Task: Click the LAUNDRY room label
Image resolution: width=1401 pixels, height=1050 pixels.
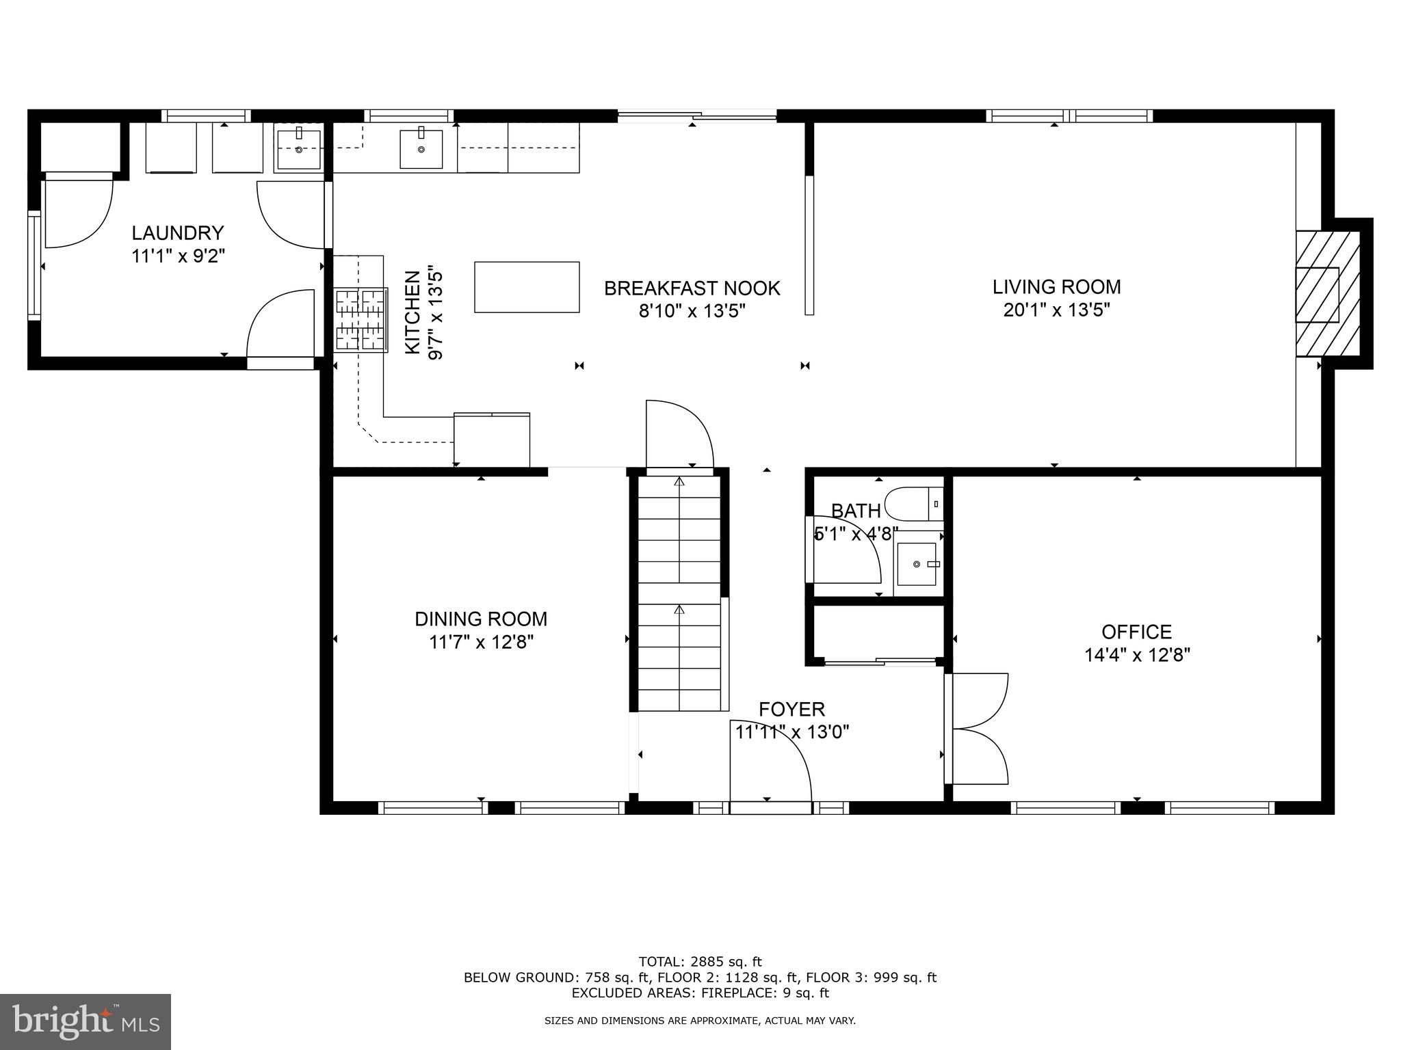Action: pos(177,233)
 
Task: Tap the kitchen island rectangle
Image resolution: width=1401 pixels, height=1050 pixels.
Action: pos(527,287)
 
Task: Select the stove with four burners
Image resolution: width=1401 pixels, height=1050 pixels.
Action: pos(361,320)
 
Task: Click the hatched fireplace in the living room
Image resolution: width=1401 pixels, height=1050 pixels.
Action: pos(1326,294)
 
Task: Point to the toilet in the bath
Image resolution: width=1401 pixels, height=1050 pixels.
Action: pos(913,504)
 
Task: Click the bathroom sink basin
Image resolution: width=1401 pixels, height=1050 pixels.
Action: pos(917,564)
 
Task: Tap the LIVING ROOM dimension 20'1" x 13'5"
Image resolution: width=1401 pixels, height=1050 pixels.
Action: pos(1056,310)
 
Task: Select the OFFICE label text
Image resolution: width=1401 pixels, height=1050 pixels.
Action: pos(1136,632)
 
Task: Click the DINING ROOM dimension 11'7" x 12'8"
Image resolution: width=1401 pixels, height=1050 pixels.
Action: pos(481,642)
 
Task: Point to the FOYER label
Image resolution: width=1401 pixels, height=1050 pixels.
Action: pos(791,709)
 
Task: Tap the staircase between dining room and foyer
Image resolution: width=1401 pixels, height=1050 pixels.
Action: pos(679,595)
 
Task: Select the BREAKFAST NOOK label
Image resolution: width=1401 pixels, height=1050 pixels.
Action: pos(692,288)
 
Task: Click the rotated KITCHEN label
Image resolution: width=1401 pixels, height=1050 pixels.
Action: pos(413,312)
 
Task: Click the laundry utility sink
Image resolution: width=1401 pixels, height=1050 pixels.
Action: pos(298,150)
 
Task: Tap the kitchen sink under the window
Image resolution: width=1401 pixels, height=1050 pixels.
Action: pos(421,148)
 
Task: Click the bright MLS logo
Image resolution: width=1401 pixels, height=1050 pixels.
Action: pos(86,1021)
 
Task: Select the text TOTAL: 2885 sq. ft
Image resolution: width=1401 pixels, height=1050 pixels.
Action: pos(700,962)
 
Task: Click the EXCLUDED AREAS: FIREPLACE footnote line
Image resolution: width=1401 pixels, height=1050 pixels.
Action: pos(700,993)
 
